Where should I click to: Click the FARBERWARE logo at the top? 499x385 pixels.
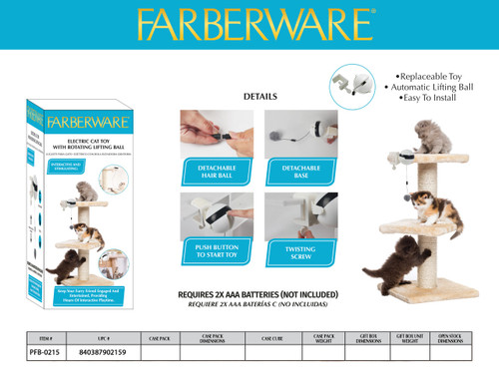249,23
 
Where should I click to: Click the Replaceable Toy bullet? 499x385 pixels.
424,76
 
